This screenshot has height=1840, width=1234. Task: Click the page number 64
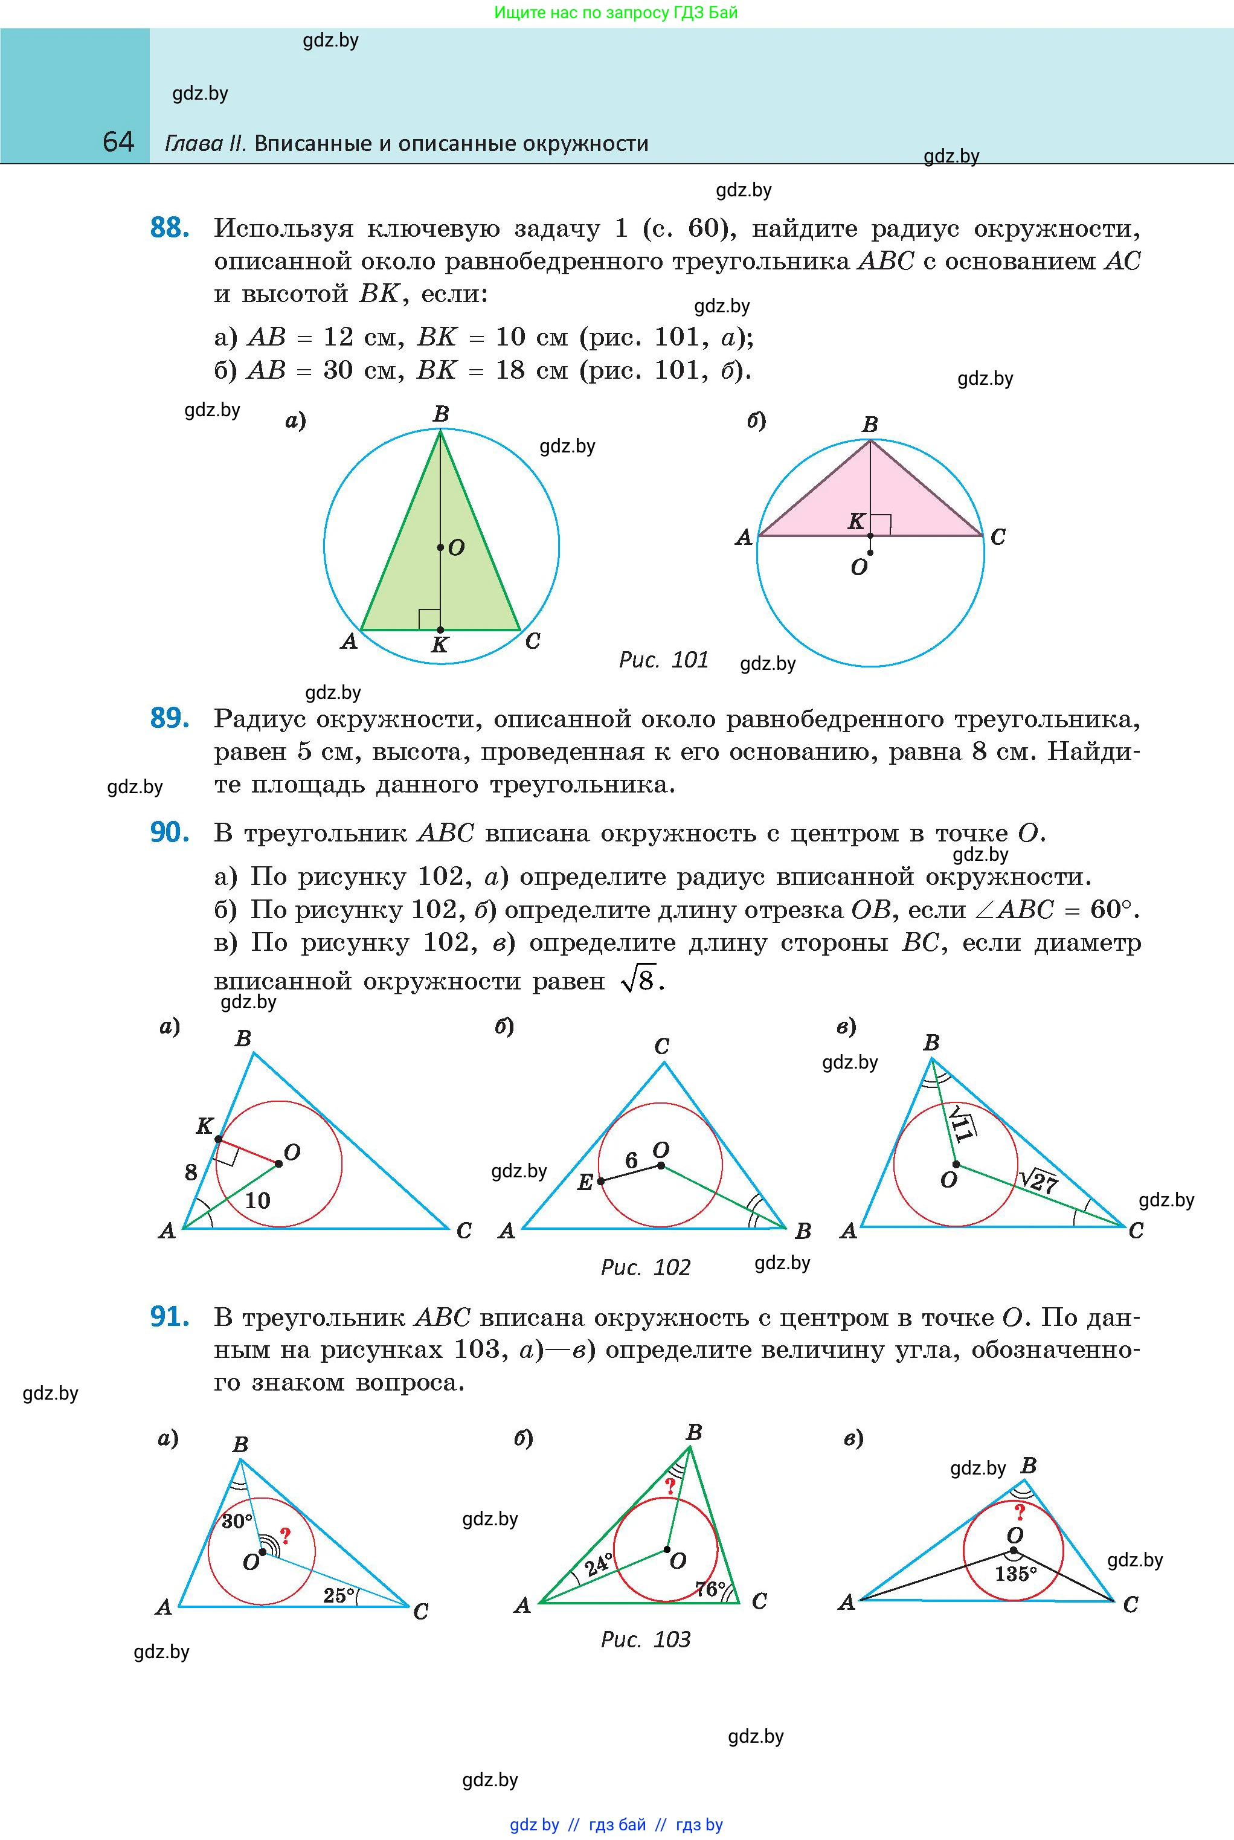click(x=118, y=142)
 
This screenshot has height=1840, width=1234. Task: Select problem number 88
click(x=169, y=228)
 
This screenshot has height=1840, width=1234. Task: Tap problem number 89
click(x=169, y=718)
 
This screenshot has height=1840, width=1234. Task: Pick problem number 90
click(x=169, y=832)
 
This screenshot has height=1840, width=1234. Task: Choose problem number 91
click(x=169, y=1317)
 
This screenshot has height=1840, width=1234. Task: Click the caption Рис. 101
click(x=663, y=660)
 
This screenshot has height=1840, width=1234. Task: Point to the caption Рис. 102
click(x=645, y=1267)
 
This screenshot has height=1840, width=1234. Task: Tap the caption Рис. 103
click(x=645, y=1639)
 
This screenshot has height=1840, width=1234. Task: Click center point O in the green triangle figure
click(x=441, y=547)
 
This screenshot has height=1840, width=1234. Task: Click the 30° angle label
click(x=237, y=1520)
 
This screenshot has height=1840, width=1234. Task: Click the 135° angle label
click(x=1015, y=1574)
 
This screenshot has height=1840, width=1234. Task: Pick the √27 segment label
click(x=1039, y=1180)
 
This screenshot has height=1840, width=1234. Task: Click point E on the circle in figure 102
click(x=600, y=1180)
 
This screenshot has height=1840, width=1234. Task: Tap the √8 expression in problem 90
click(x=638, y=980)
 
